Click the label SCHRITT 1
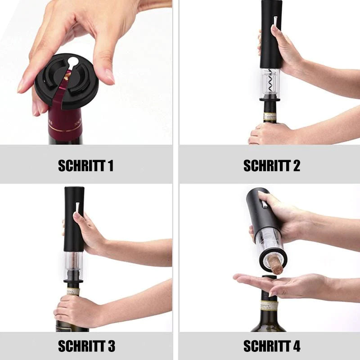85,166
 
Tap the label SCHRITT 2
272,166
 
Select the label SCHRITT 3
86,346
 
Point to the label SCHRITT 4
272,346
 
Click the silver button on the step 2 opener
275,21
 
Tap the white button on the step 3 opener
77,208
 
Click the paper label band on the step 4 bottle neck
269,305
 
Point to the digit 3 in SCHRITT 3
111,346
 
